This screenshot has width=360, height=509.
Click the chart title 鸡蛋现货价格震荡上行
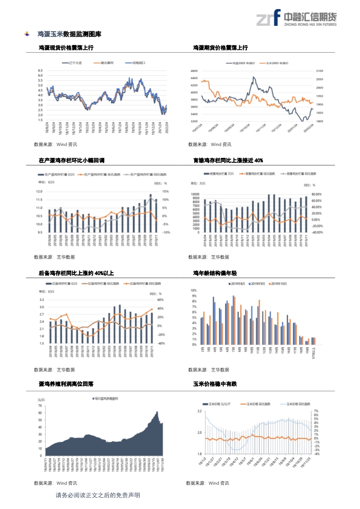66,48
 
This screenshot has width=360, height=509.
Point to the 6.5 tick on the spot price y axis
40,71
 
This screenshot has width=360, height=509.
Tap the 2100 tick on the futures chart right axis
319,71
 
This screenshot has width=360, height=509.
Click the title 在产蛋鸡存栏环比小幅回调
72,160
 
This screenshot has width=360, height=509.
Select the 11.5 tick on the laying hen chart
39,200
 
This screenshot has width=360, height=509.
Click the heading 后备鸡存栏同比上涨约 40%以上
76,273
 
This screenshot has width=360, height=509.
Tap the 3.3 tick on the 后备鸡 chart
41,300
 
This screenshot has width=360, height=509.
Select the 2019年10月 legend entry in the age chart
278,284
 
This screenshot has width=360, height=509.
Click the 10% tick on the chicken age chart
193,290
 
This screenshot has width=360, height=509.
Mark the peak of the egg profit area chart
157,412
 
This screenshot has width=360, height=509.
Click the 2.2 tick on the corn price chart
199,411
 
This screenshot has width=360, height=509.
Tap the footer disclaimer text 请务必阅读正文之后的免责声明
98,495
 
